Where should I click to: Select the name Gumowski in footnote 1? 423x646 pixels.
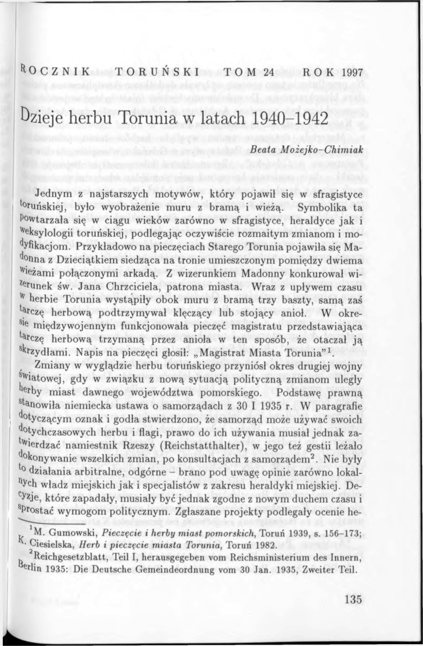(73, 525)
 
